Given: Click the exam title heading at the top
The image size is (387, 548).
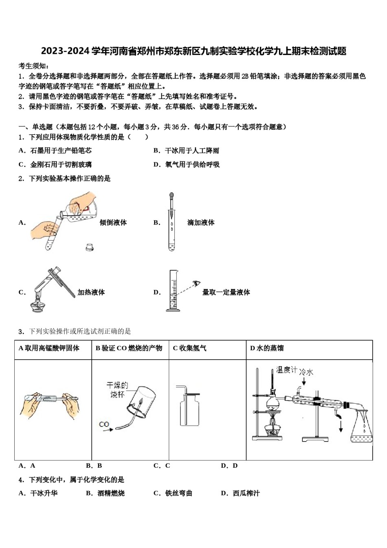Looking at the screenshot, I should (x=193, y=51).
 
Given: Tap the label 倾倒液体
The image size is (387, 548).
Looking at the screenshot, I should (x=113, y=223).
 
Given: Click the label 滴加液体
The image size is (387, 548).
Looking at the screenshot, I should (x=201, y=223).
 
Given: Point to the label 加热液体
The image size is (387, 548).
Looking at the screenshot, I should (x=91, y=292).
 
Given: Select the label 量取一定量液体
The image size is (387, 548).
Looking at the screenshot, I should (x=226, y=292).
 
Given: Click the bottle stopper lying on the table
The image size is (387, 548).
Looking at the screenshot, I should (x=90, y=247).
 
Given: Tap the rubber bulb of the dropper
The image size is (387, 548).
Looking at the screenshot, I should (x=172, y=197).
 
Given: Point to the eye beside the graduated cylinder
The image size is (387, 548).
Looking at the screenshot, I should (x=197, y=283).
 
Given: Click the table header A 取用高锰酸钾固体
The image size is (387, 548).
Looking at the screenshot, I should (x=49, y=348).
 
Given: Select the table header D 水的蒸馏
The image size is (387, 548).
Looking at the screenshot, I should (x=267, y=348).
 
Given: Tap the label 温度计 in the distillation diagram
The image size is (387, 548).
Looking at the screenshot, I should (x=286, y=370).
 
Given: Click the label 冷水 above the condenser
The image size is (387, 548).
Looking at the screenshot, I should (x=306, y=372).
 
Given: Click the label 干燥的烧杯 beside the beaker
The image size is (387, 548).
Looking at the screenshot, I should (x=117, y=389).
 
